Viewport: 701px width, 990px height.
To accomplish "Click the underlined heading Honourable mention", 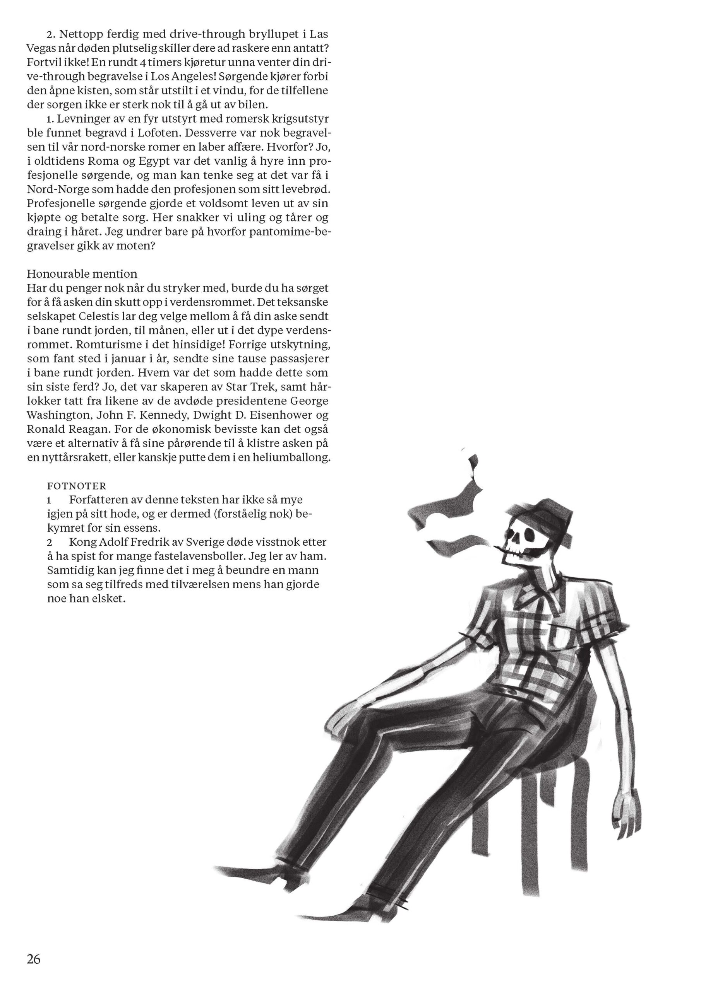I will pos(82,274).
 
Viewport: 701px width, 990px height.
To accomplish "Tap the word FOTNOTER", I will pos(76,486).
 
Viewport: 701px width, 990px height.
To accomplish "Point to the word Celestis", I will pos(99,316).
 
